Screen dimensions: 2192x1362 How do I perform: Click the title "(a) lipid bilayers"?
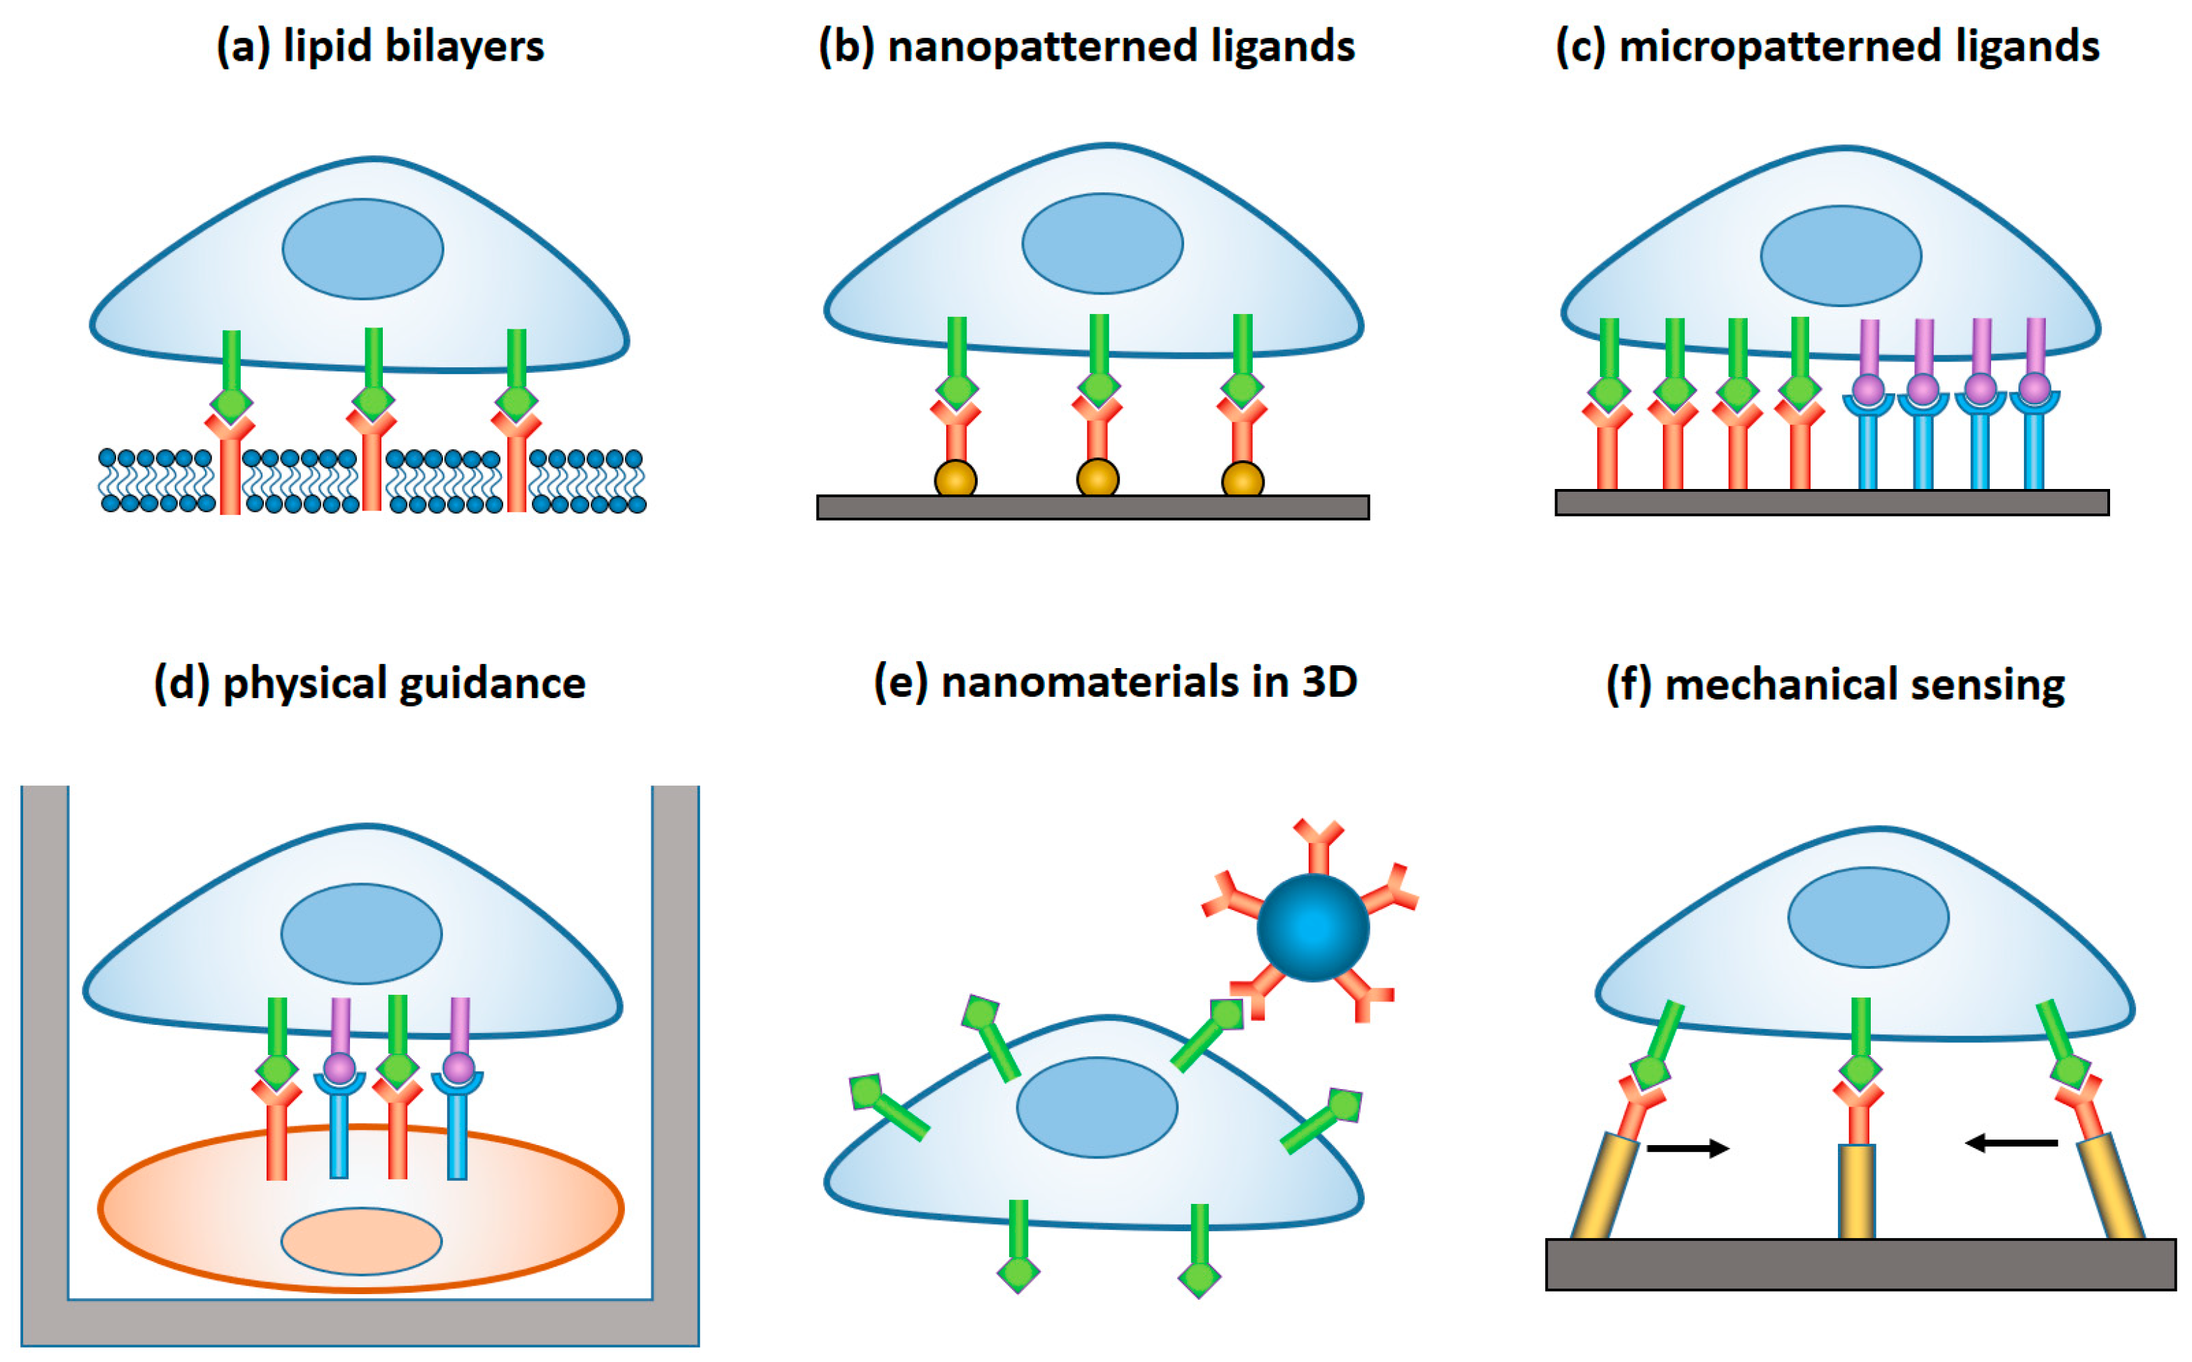tap(380, 47)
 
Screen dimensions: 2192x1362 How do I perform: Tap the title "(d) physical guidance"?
tap(370, 683)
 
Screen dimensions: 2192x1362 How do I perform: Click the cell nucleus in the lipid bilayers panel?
tap(363, 248)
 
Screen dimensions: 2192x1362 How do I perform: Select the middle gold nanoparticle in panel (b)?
tap(1097, 478)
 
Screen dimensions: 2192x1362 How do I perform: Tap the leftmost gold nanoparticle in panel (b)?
tap(955, 479)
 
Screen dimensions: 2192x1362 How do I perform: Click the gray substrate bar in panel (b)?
tap(1093, 507)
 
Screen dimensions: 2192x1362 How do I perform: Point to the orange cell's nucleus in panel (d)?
tap(361, 1240)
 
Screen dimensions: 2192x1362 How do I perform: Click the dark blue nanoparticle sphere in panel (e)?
tap(1313, 928)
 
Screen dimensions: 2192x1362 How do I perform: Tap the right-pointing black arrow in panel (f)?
tap(1687, 1148)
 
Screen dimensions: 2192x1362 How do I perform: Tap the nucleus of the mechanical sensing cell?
tap(1869, 917)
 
